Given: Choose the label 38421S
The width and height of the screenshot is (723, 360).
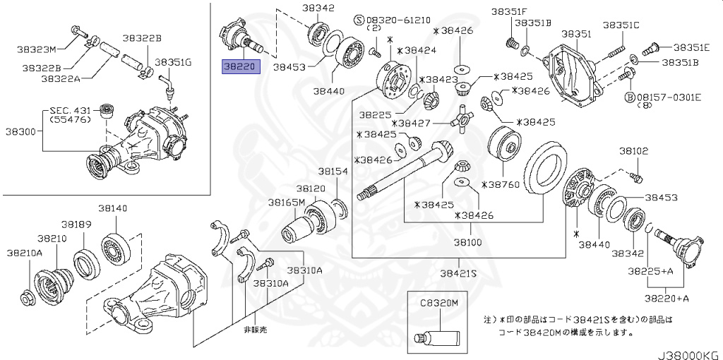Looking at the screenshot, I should click(x=458, y=273).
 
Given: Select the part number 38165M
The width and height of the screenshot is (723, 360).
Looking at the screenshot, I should click(x=285, y=203).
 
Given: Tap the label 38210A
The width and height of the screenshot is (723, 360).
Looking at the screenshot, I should click(x=25, y=252).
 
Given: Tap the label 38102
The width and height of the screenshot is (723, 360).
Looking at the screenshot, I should click(x=633, y=151).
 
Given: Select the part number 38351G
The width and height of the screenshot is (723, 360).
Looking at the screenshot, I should click(x=173, y=62).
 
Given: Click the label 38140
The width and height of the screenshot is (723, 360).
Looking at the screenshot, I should click(x=112, y=208).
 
